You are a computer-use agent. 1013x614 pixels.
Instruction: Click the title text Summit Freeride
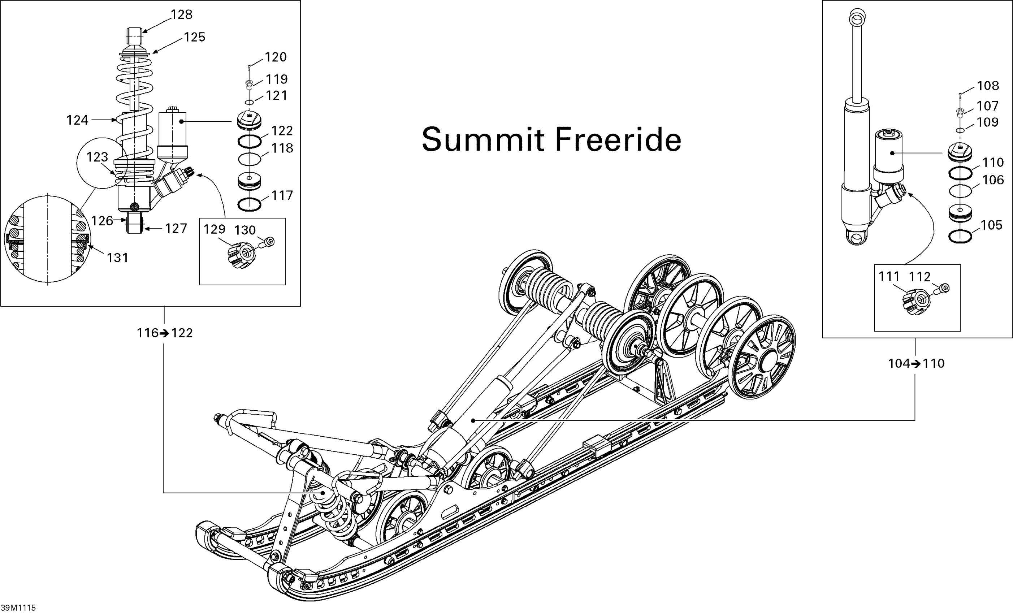click(551, 140)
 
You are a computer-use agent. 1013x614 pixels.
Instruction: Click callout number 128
click(181, 15)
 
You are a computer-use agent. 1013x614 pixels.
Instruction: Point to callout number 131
click(118, 258)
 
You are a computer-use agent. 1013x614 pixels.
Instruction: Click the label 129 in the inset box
click(215, 229)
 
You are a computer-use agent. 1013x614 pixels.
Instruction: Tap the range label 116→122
click(164, 333)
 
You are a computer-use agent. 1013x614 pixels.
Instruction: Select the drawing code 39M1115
click(18, 608)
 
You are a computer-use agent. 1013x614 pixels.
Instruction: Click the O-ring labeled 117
click(249, 204)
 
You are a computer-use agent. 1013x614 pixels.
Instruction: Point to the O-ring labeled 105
click(960, 237)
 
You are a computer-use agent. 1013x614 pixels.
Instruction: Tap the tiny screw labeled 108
click(960, 95)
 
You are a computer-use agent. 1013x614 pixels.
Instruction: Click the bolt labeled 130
click(268, 242)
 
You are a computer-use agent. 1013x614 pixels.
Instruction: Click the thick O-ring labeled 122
click(250, 142)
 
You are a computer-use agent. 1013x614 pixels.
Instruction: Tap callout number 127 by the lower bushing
click(176, 229)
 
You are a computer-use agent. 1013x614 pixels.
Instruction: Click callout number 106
click(993, 180)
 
